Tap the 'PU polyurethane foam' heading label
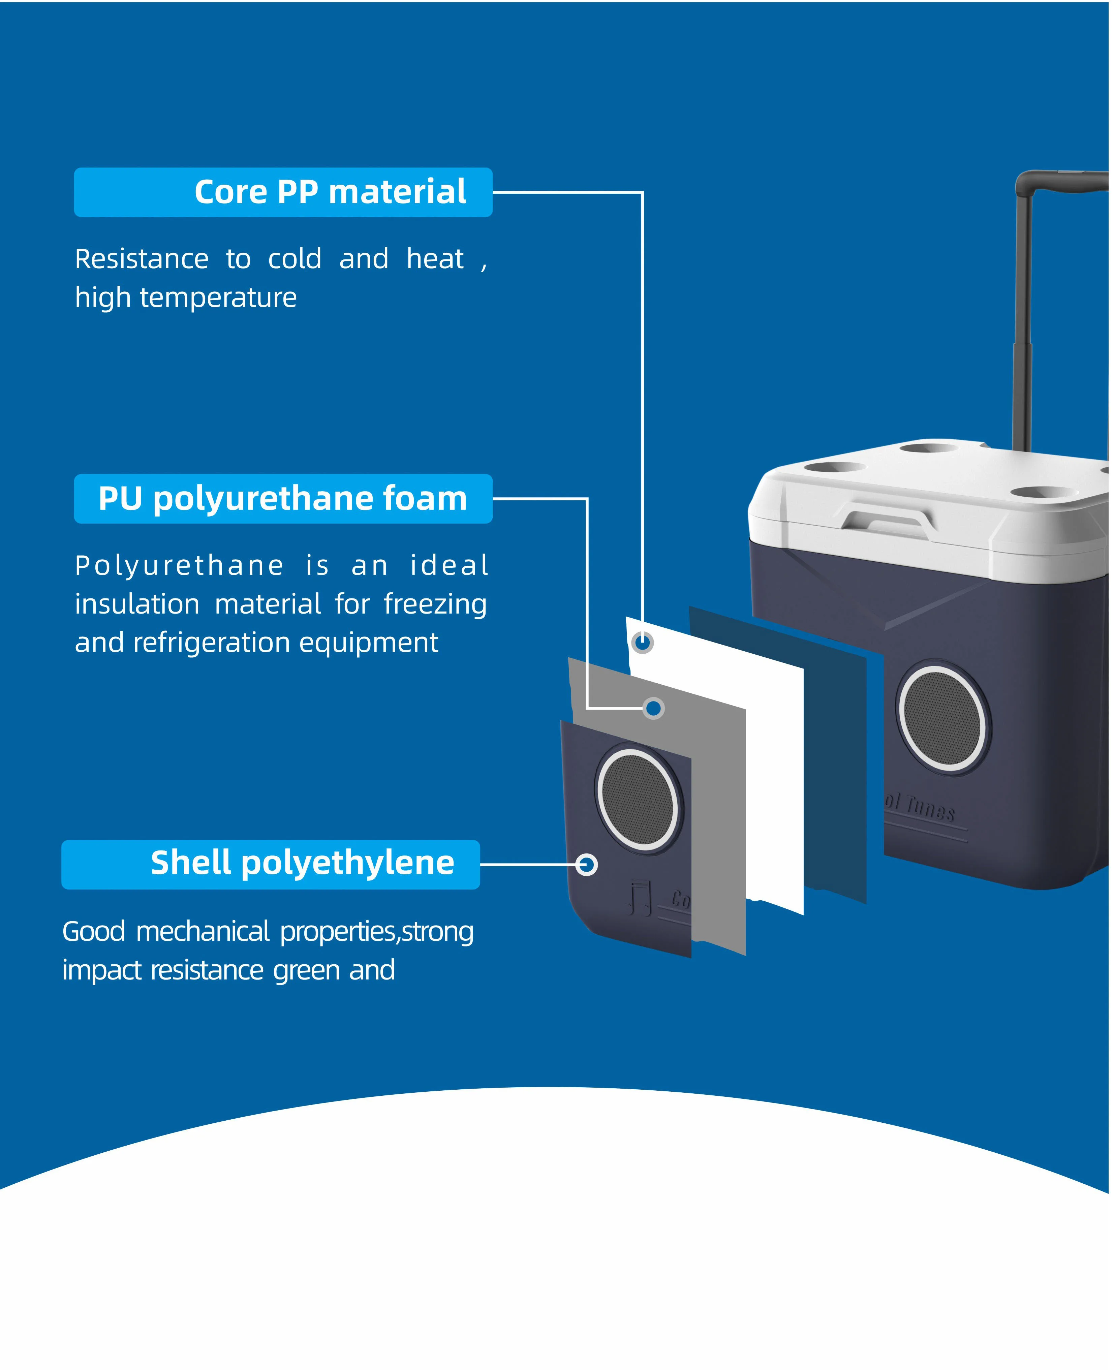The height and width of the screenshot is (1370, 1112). tap(282, 499)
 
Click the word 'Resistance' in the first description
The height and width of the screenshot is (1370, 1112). tap(142, 259)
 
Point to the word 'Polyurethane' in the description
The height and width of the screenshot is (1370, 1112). tap(179, 566)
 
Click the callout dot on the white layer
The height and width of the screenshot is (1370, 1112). tap(643, 643)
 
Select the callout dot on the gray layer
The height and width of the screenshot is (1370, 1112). tap(653, 708)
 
